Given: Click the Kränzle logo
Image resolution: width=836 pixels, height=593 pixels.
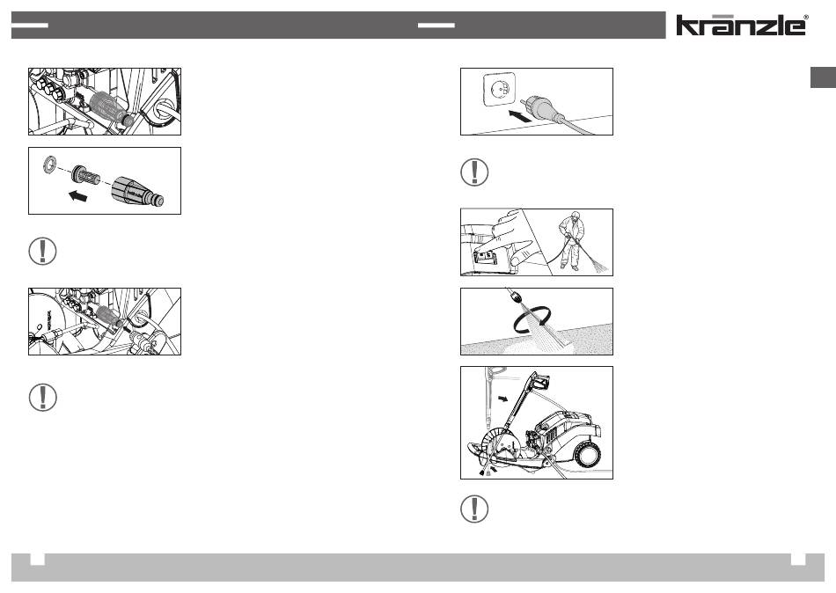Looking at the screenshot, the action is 742,25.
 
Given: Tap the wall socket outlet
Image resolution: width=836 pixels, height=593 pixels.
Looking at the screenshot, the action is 500,90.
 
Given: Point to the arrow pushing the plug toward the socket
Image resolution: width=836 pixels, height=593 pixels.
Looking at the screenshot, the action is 519,116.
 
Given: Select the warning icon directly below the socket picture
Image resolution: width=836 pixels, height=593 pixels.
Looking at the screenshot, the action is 474,172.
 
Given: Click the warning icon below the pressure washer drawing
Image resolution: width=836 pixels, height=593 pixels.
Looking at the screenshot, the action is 474,509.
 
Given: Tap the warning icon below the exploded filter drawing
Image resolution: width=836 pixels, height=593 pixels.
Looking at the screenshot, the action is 42,251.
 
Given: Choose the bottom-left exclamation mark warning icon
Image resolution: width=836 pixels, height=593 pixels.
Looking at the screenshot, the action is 42,398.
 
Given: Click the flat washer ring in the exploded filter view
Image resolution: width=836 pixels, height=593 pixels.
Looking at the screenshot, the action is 50,164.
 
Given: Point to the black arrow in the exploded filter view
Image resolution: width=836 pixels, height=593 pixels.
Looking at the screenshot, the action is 77,196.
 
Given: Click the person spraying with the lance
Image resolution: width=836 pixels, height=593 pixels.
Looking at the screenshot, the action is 572,240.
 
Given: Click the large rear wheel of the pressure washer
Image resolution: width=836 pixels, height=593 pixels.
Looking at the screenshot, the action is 588,455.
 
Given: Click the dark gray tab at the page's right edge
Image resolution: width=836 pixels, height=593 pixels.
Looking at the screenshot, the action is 823,77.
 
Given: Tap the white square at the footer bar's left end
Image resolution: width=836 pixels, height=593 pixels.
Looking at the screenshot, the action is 37,559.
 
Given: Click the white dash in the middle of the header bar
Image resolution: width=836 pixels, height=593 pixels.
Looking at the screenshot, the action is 436,25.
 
